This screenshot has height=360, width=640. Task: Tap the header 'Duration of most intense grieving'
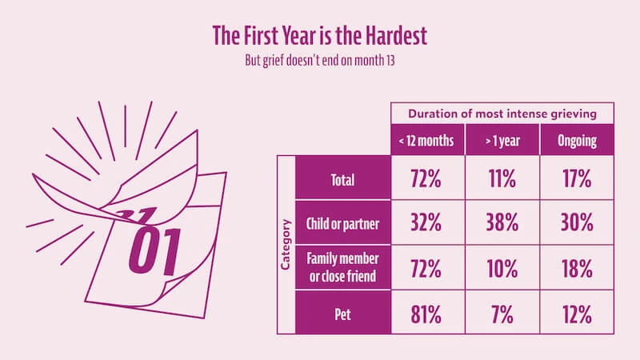point(502,113)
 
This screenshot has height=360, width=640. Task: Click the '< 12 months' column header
point(426,140)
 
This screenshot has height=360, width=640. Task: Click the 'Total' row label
point(343,179)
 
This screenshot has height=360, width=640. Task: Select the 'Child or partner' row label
point(343,225)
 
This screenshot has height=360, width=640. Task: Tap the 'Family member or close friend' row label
point(343,269)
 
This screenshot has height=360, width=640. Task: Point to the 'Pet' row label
point(343,313)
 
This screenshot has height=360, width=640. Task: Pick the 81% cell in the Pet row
point(426,314)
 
